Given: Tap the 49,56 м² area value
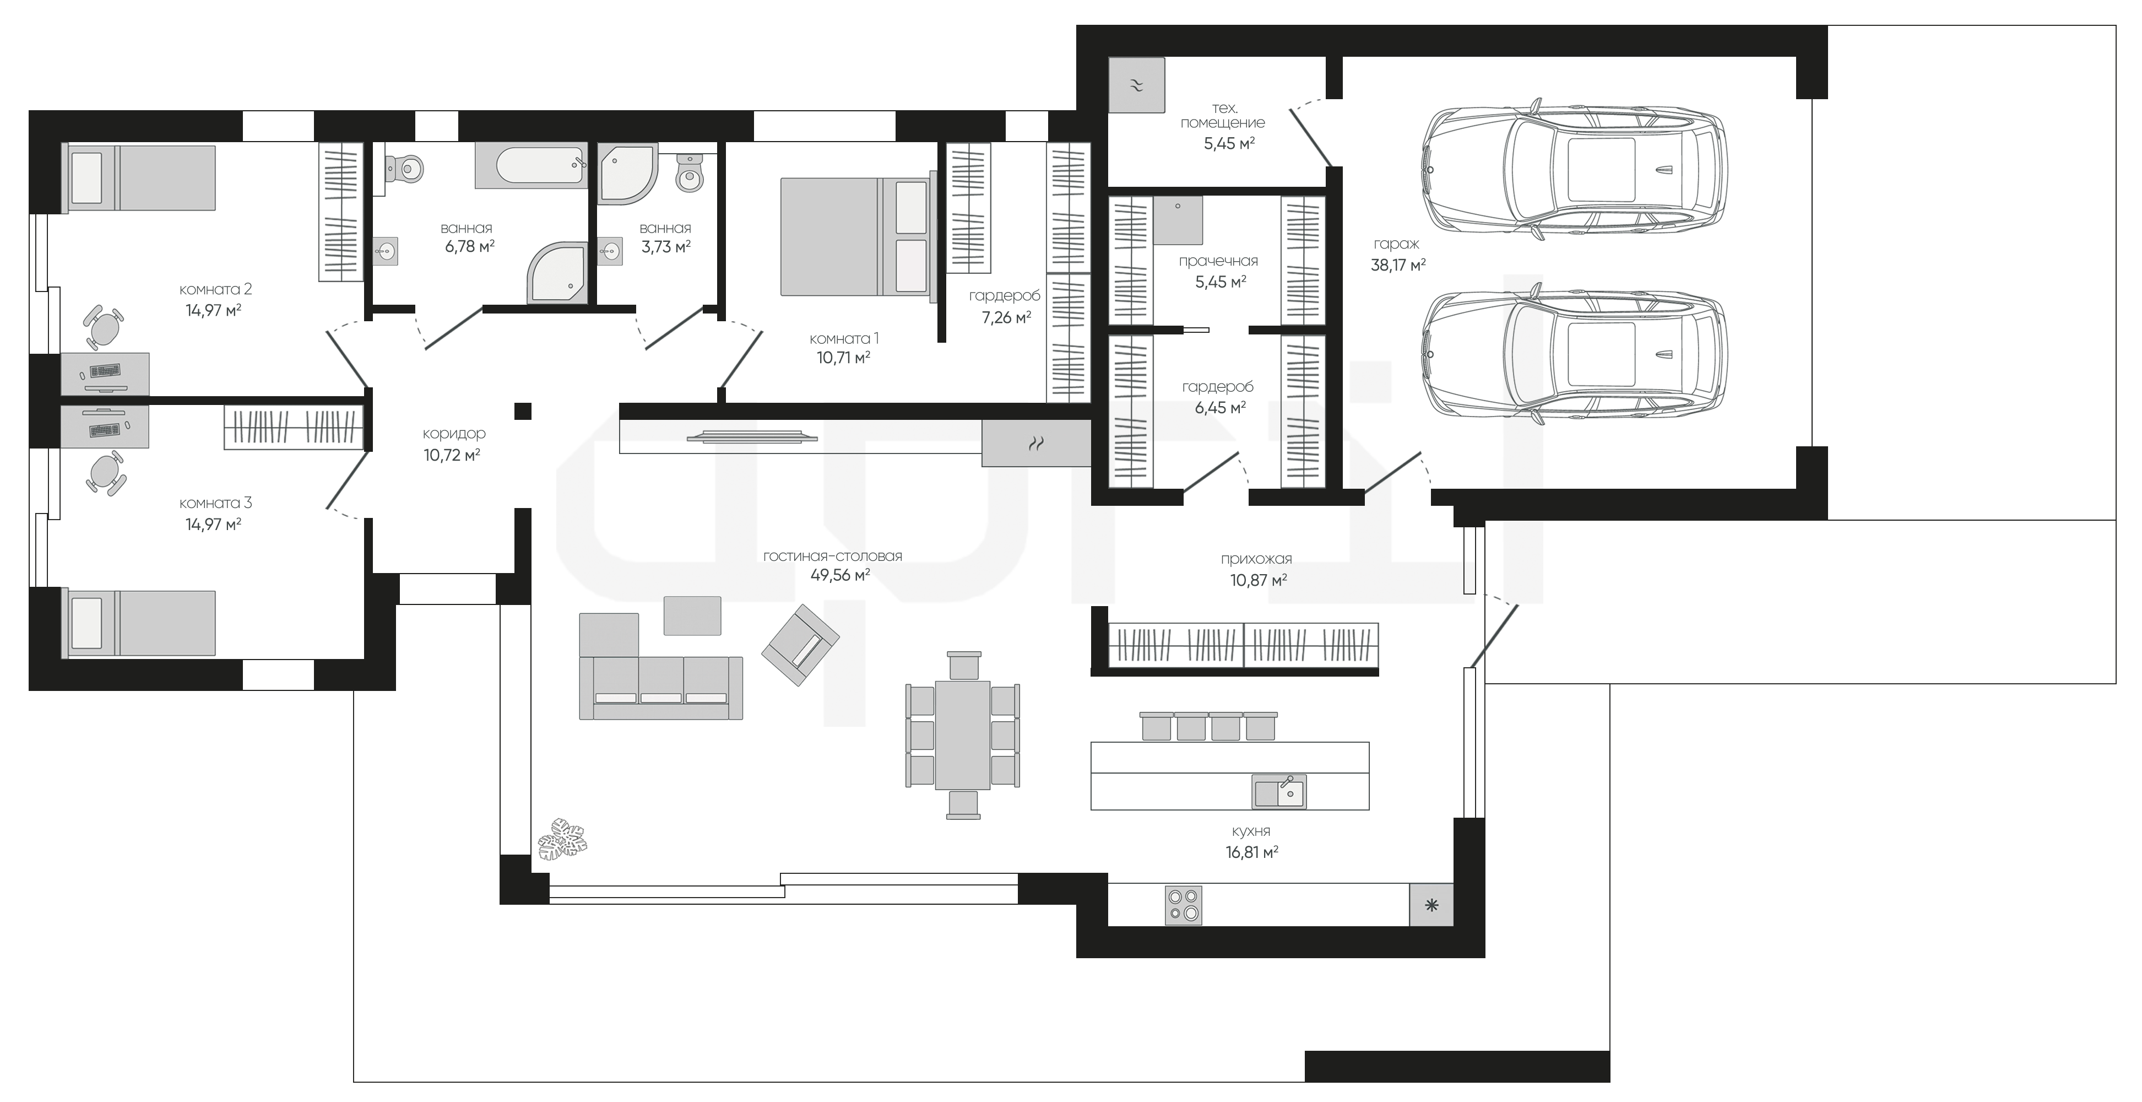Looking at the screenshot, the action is [840, 575].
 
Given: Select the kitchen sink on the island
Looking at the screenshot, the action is [1279, 792].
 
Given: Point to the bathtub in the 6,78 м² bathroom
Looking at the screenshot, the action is [532, 165].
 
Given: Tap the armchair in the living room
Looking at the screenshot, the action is [800, 645].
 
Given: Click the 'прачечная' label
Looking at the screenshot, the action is [1218, 261].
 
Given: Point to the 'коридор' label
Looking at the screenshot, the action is [453, 433].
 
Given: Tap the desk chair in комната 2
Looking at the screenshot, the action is [103, 328].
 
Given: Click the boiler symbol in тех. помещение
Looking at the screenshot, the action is [1137, 85].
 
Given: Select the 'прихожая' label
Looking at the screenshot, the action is [1256, 559].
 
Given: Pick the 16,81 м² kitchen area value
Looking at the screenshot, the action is [1251, 852].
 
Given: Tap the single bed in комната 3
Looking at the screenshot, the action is [142, 624].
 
